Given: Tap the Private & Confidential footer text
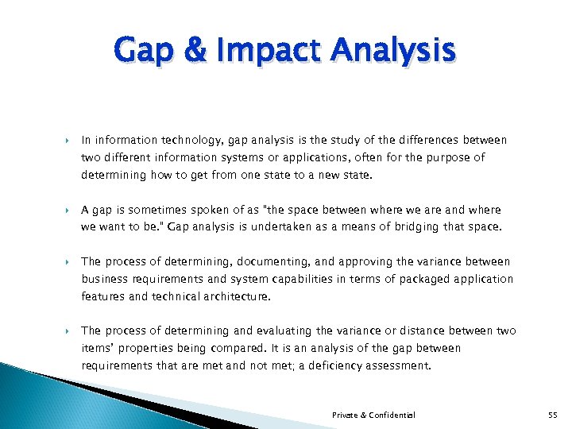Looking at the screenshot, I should point(373,415).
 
